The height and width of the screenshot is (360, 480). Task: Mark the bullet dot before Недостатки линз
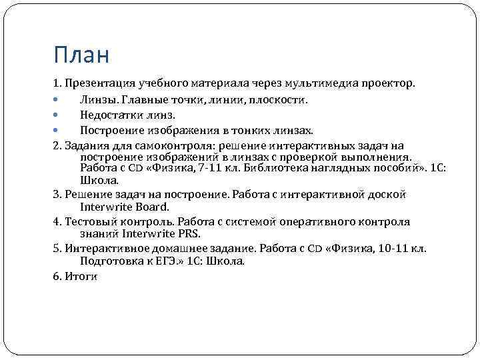pos(56,115)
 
